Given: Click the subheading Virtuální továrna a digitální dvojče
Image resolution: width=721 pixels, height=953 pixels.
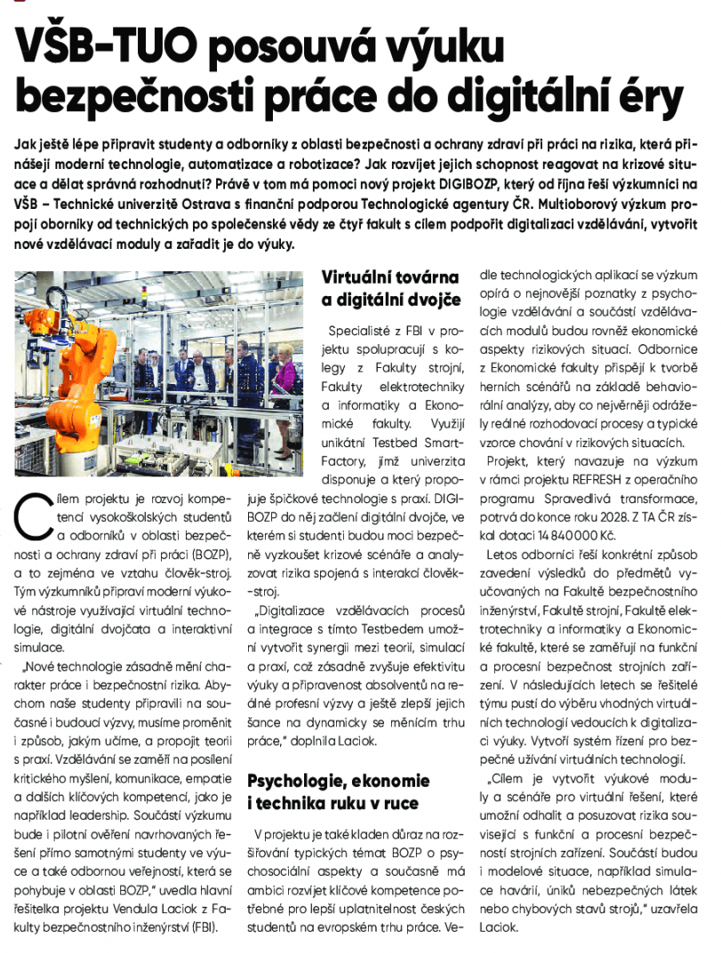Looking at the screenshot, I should coord(390,290).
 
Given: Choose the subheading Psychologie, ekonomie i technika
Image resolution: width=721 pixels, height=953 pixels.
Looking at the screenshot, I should coord(339,792).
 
